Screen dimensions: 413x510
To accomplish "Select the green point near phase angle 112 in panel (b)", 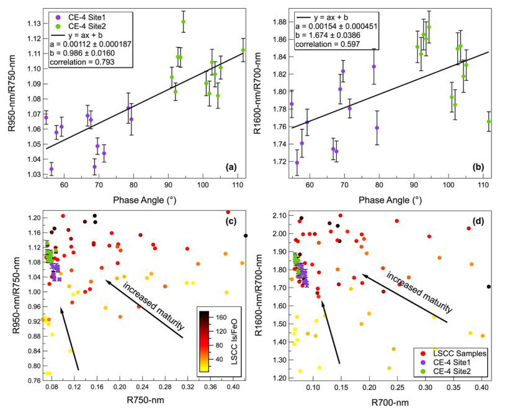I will (489, 122).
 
